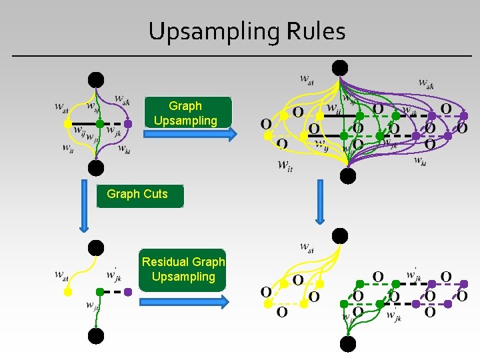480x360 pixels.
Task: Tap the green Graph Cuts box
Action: pos(137,194)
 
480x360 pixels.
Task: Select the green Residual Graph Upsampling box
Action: pos(183,269)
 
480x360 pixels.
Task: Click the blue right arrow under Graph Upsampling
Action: pos(190,135)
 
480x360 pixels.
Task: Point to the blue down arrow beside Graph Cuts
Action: pos(84,204)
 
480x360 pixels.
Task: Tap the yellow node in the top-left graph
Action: pos(67,124)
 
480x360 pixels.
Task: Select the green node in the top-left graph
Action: pos(99,123)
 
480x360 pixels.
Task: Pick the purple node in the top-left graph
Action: pos(128,123)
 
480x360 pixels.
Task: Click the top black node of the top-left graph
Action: pos(97,80)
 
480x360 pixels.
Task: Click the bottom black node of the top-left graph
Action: pos(97,167)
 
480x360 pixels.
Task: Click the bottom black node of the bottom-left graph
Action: pos(97,335)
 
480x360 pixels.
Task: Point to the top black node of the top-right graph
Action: pos(340,68)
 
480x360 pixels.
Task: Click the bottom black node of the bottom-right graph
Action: pos(347,344)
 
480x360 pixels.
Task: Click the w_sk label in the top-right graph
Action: pos(426,83)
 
